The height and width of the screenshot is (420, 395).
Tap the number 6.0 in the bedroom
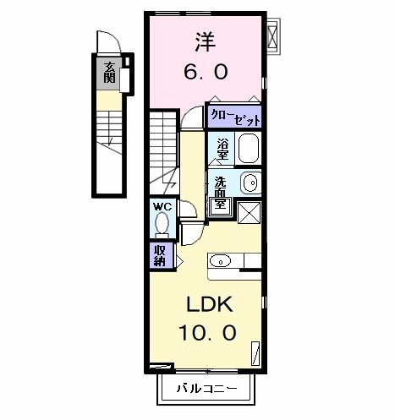(205, 73)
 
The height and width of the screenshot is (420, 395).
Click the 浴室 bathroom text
(222, 149)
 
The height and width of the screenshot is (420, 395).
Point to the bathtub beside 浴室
(248, 150)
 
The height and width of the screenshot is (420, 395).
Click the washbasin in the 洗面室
(248, 182)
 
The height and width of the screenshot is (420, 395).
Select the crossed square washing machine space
(250, 211)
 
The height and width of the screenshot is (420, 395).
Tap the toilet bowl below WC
(162, 225)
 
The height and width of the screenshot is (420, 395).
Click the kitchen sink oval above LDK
(219, 260)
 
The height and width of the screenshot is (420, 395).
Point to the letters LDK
(203, 304)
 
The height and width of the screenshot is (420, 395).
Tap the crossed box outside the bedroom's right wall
(273, 35)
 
